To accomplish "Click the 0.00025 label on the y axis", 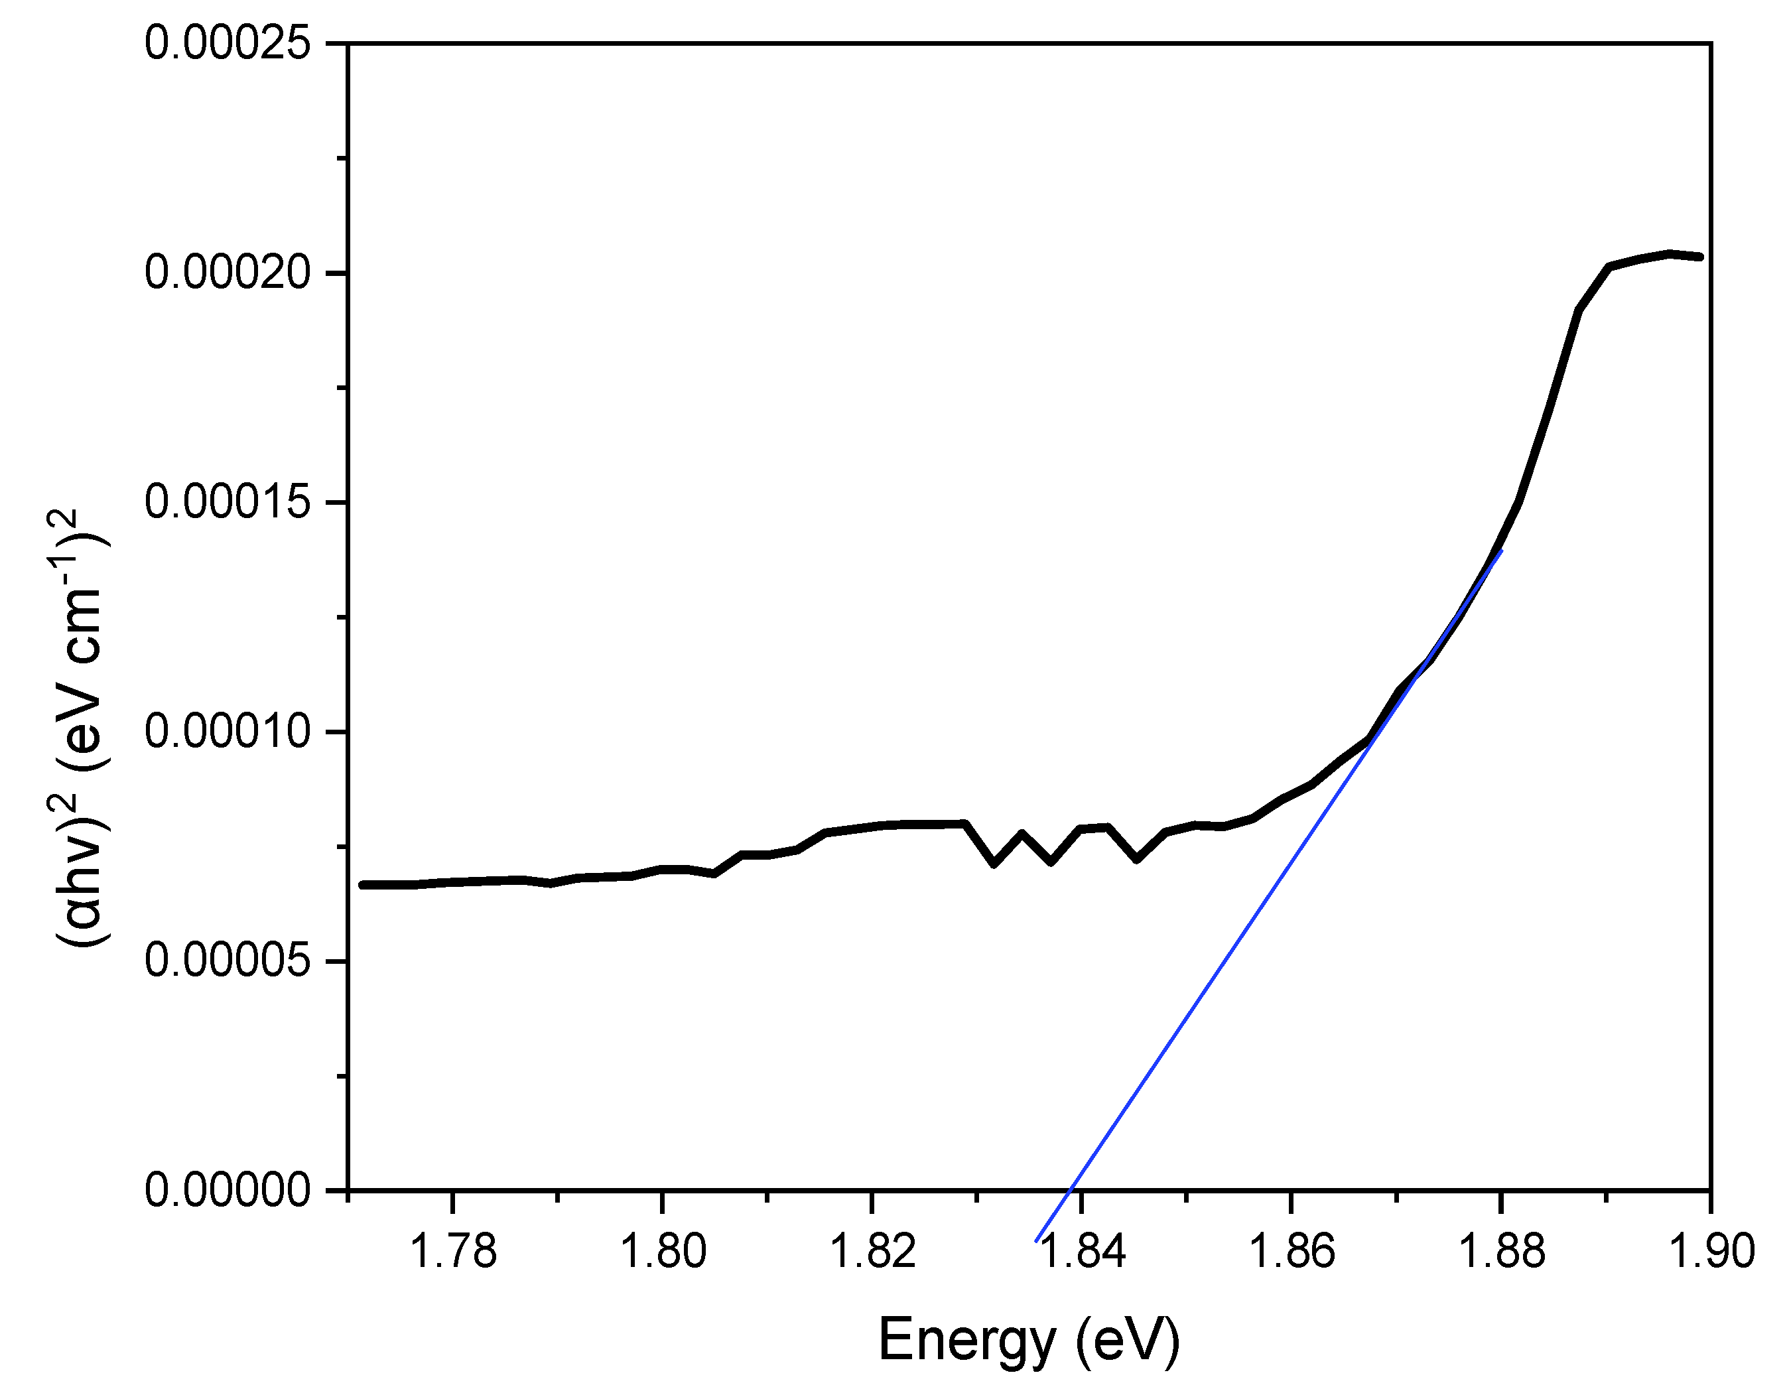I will click(228, 42).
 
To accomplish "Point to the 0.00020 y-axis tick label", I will click(228, 273).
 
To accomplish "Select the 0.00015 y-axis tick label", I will click(228, 501).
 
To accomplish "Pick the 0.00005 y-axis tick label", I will click(228, 961).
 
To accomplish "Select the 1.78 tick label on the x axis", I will click(452, 1251).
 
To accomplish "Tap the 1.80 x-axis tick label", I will click(663, 1251).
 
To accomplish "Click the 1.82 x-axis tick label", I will click(872, 1251).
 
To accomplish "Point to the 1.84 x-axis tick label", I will click(1082, 1251).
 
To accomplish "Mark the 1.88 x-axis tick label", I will click(1502, 1251).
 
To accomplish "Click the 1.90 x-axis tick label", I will click(1710, 1251).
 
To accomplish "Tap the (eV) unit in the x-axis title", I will click(1128, 1340).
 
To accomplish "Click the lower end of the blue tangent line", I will click(1036, 1241).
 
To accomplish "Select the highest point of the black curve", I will click(1669, 253).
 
